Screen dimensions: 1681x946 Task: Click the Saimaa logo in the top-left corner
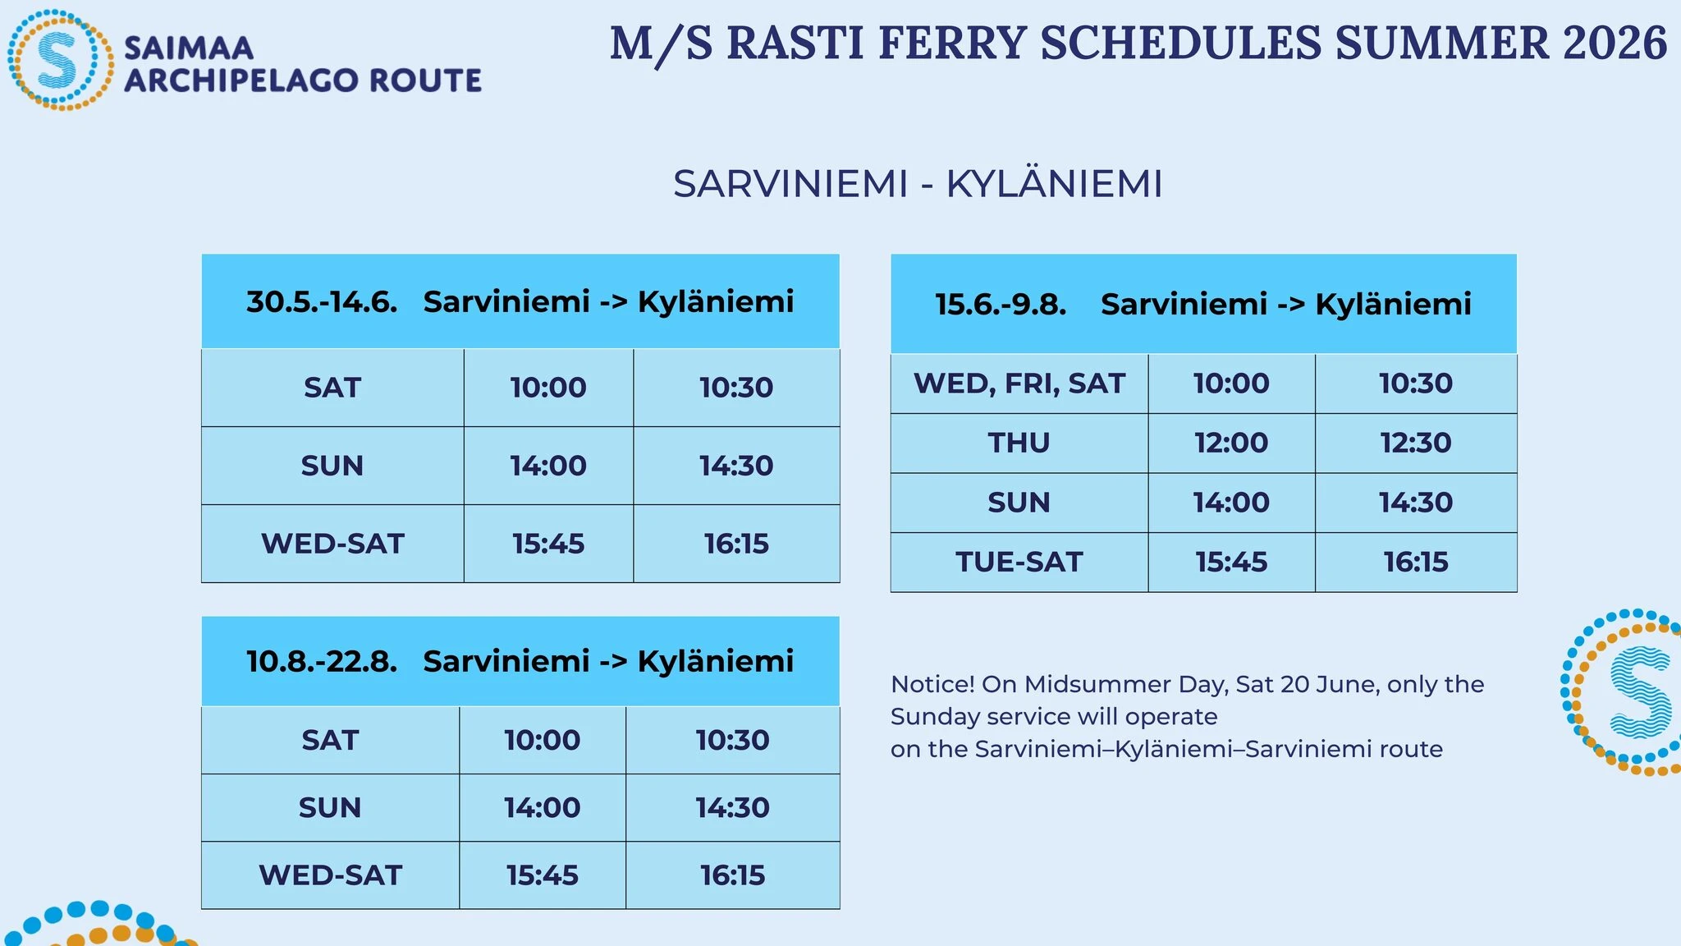[x=61, y=60]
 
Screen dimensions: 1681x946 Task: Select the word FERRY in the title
[x=952, y=44]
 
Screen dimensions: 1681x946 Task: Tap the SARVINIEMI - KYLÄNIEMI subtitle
[x=918, y=184]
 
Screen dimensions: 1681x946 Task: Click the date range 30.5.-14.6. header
[x=322, y=301]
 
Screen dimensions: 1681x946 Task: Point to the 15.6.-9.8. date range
[x=1001, y=305]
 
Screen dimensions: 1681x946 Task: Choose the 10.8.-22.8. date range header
[x=322, y=661]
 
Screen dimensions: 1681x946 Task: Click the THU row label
[x=1019, y=443]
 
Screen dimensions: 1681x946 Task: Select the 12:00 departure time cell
[x=1231, y=443]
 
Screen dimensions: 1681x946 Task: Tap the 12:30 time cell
[x=1416, y=443]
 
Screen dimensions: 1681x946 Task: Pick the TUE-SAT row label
[x=1019, y=562]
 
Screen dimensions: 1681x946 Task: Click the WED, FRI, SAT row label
[x=1019, y=383]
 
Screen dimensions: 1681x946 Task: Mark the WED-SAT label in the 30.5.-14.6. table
[x=332, y=544]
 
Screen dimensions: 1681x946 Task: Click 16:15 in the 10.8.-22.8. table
[x=733, y=875]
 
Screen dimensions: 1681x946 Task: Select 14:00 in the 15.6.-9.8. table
[x=1231, y=503]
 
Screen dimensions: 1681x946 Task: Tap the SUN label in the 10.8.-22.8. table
[x=330, y=808]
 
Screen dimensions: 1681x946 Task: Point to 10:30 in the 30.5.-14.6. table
[x=736, y=388]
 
